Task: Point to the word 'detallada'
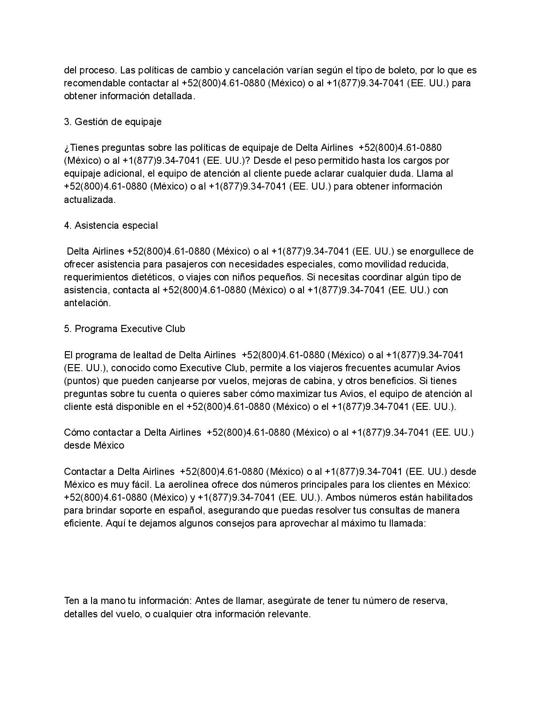(173, 96)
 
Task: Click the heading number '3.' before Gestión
(68, 122)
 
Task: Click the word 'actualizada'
(89, 200)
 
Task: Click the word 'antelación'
(87, 303)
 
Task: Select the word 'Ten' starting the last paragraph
(72, 601)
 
